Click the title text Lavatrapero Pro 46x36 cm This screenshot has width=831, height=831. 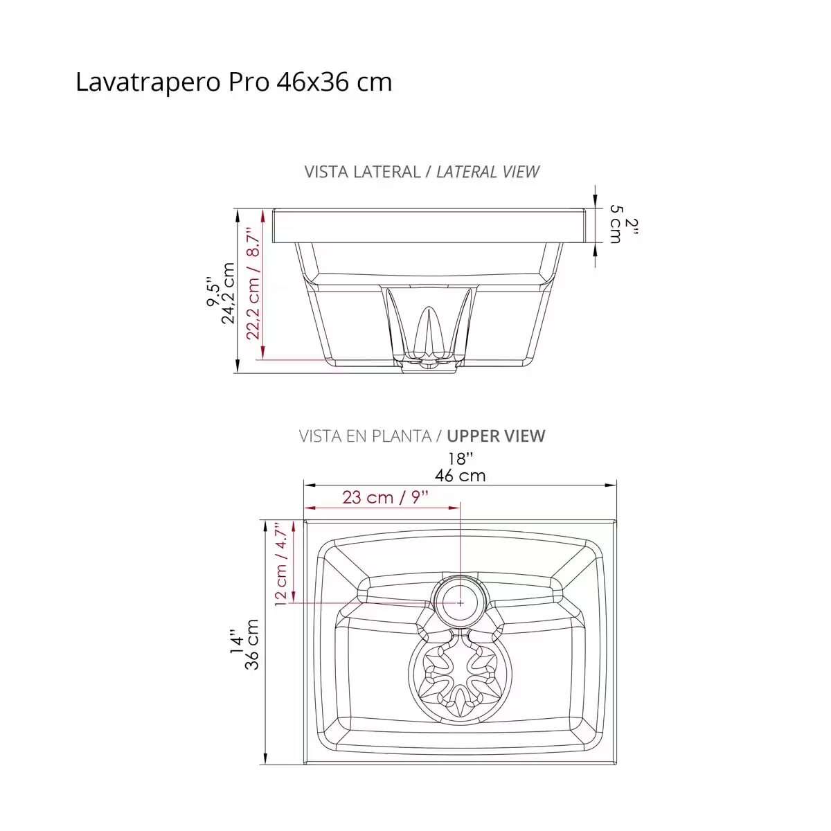pos(234,82)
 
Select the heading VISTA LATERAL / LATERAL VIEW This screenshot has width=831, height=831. pos(421,172)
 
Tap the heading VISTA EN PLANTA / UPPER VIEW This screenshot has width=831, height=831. pos(422,436)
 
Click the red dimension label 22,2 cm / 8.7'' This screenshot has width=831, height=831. pos(253,286)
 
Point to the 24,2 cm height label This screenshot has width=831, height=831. pos(228,293)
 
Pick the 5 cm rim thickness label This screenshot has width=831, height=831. pos(616,224)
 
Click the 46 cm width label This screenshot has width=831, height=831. pos(460,476)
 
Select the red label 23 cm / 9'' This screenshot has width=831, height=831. pos(386,497)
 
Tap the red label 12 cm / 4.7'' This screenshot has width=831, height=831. pos(280,564)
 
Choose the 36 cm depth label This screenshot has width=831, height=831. pos(251,644)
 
